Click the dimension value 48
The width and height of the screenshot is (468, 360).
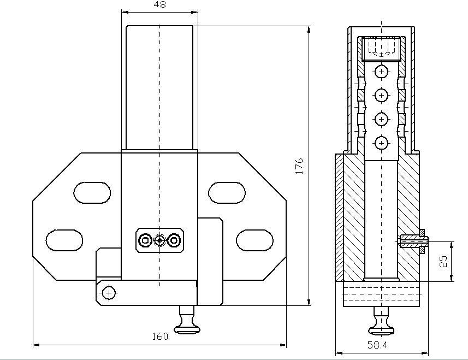(160, 4)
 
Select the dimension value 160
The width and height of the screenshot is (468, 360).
(161, 337)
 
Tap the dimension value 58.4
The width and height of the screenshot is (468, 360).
(377, 345)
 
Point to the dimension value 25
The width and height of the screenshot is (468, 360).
(444, 261)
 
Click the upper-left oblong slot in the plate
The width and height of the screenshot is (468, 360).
(92, 193)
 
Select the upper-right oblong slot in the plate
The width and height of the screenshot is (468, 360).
(227, 193)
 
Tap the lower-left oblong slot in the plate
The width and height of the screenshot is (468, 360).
(64, 240)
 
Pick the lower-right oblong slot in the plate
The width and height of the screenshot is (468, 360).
(254, 240)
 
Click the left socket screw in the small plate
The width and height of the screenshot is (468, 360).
(145, 240)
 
